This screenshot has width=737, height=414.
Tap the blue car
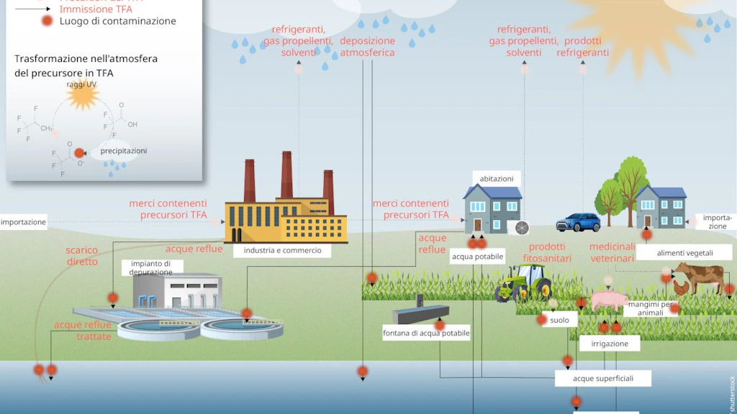tap(578, 222)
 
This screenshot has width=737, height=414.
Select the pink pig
tap(608, 300)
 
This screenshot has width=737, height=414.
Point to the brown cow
tap(698, 276)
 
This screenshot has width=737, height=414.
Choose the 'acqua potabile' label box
tap(477, 256)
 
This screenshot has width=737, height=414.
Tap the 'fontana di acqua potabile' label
tap(426, 333)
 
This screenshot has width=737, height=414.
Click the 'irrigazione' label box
tap(610, 344)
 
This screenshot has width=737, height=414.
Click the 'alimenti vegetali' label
tap(684, 252)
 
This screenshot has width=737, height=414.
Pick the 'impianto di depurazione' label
tap(151, 267)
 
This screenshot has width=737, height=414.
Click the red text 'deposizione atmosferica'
tap(367, 47)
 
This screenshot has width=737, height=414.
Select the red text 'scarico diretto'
tap(82, 256)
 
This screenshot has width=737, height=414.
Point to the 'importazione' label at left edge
tap(23, 222)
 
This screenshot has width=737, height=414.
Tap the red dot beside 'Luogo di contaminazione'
tap(47, 21)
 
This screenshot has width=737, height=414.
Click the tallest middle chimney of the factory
tap(286, 175)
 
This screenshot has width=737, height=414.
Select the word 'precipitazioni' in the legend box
tap(124, 151)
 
